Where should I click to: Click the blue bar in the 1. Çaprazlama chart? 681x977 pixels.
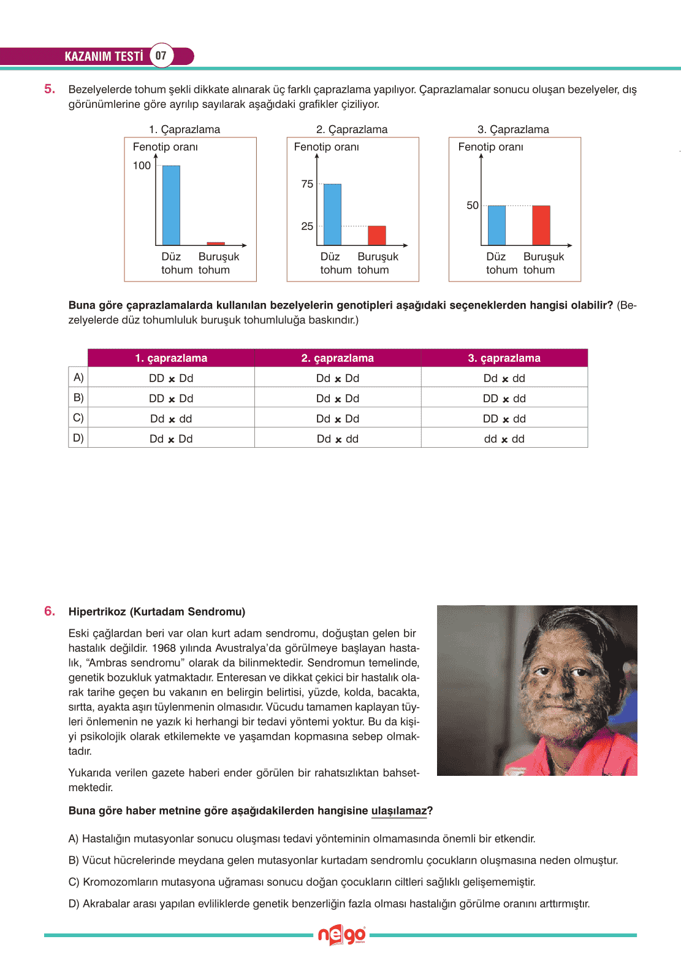(x=171, y=205)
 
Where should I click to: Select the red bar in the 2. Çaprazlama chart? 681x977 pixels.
(x=377, y=236)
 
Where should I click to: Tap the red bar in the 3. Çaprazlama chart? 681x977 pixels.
(x=541, y=225)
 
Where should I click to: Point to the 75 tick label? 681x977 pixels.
(x=307, y=184)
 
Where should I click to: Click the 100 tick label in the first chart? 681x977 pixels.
(x=142, y=166)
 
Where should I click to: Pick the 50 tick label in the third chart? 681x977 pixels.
(x=473, y=205)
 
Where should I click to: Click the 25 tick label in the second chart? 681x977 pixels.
(x=307, y=226)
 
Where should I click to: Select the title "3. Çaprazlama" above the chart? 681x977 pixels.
(x=513, y=129)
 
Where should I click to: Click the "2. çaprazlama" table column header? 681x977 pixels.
(x=337, y=358)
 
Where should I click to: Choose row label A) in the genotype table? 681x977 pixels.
(x=78, y=377)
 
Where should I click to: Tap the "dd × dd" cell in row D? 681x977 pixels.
(x=504, y=439)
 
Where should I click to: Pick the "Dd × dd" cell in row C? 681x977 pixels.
(x=171, y=419)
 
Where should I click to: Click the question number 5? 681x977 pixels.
(x=50, y=89)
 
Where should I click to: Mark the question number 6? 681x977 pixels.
(x=50, y=611)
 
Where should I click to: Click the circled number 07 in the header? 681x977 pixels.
(x=161, y=56)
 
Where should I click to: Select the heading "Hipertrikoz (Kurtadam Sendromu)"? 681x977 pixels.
(x=157, y=611)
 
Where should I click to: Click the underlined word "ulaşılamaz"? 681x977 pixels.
(x=398, y=811)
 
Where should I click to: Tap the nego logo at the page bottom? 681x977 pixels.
(x=341, y=935)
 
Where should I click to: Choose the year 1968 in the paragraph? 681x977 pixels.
(x=164, y=648)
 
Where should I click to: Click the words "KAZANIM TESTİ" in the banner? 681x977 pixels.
(x=104, y=56)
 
